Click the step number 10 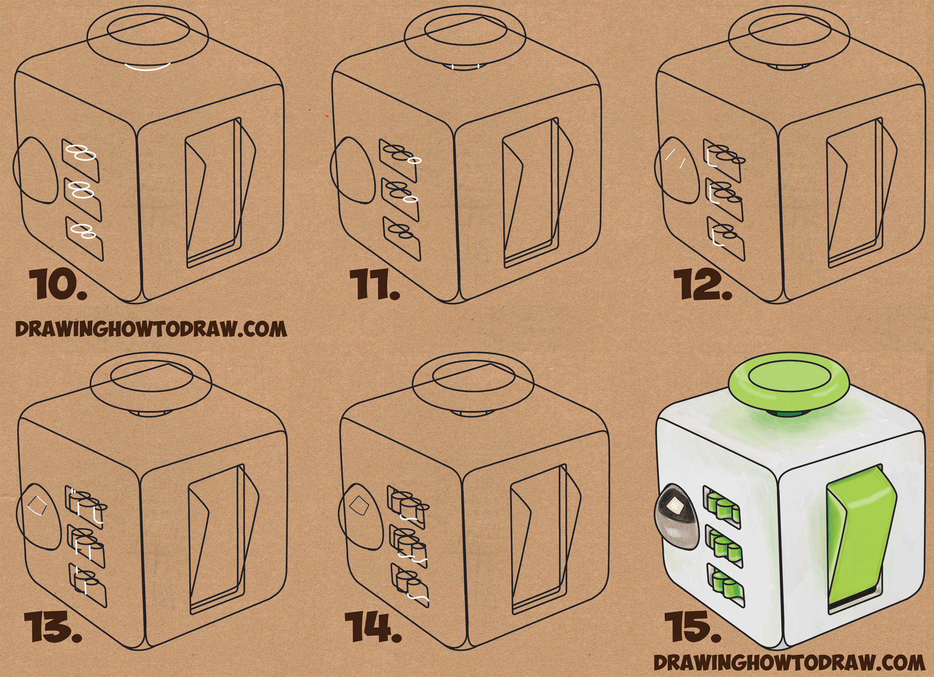pyautogui.click(x=58, y=285)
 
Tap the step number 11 pyautogui.click(x=375, y=285)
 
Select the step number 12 pyautogui.click(x=703, y=285)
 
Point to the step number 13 pyautogui.click(x=53, y=628)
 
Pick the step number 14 pyautogui.click(x=373, y=628)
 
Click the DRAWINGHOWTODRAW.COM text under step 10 pyautogui.click(x=151, y=330)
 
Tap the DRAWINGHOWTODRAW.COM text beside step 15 pyautogui.click(x=790, y=663)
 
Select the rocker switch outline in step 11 pyautogui.click(x=537, y=193)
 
